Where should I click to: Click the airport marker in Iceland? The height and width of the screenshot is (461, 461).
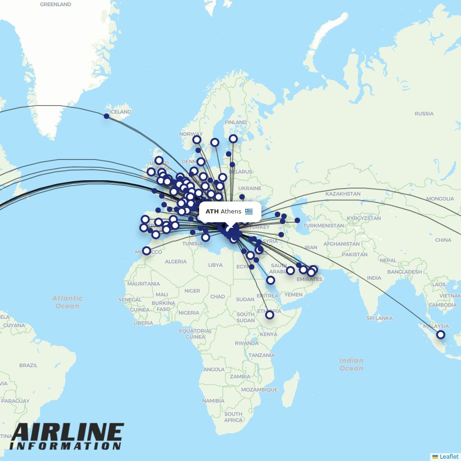tap(106, 116)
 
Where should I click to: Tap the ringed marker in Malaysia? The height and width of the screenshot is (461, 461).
tap(441, 335)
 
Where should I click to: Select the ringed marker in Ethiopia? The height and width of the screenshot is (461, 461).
tap(270, 315)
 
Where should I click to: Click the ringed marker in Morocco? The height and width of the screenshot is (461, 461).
tap(147, 251)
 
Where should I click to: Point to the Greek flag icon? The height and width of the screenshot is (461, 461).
tap(249, 212)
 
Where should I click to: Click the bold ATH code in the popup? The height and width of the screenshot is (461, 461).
tap(212, 212)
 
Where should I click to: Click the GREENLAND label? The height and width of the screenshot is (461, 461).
tap(56, 4)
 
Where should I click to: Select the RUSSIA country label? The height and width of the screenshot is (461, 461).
tap(424, 113)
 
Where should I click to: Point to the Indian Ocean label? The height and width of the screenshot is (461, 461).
tap(351, 364)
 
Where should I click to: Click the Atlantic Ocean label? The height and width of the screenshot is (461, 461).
tap(67, 302)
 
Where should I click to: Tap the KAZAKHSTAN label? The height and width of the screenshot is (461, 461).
tap(343, 194)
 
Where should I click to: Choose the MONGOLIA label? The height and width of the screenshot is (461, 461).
tap(440, 199)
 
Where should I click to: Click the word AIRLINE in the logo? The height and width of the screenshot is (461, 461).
tap(68, 433)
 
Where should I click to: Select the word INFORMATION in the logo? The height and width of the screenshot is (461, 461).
tap(65, 446)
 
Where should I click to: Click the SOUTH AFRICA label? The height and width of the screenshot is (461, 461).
tap(233, 417)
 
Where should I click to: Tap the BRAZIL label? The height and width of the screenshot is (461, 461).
tap(29, 365)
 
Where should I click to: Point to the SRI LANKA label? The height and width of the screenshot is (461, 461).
tap(379, 318)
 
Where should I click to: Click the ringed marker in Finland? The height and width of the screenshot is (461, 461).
tap(233, 139)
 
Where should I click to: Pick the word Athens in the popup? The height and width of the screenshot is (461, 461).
tap(231, 212)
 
